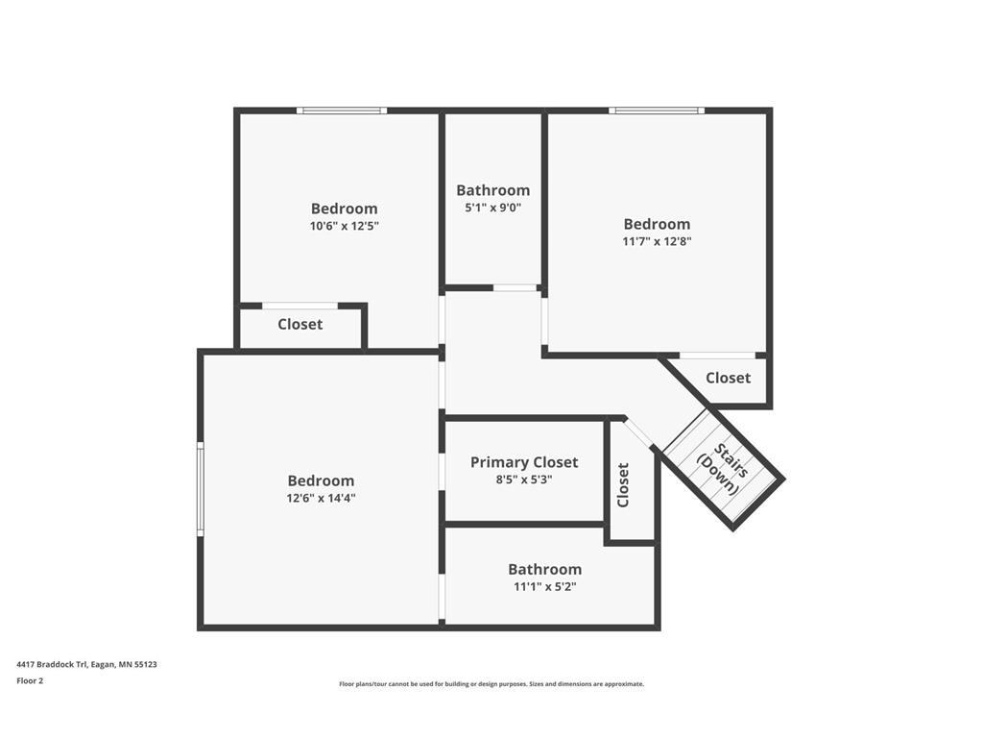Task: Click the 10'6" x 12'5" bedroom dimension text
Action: click(345, 226)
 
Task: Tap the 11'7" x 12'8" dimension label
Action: click(657, 241)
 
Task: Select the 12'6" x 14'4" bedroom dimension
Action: click(321, 499)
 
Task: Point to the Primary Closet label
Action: click(524, 462)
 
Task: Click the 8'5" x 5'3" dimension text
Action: click(524, 480)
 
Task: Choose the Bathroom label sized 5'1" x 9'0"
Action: click(492, 190)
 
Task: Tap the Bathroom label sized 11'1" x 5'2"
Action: click(545, 569)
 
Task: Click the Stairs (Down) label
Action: click(723, 469)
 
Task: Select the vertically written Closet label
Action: click(623, 485)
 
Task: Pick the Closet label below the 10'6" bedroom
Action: click(300, 325)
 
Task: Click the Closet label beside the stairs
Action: click(728, 378)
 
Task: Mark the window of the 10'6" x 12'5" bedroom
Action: click(342, 111)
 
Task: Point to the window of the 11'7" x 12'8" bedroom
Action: click(657, 111)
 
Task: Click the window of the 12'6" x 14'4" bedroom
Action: click(201, 489)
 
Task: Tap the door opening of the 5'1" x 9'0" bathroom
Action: click(515, 288)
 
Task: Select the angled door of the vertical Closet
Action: click(638, 432)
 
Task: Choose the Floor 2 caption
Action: click(30, 680)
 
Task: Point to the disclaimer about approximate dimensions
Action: click(491, 684)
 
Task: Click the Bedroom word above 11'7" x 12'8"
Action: click(657, 224)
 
